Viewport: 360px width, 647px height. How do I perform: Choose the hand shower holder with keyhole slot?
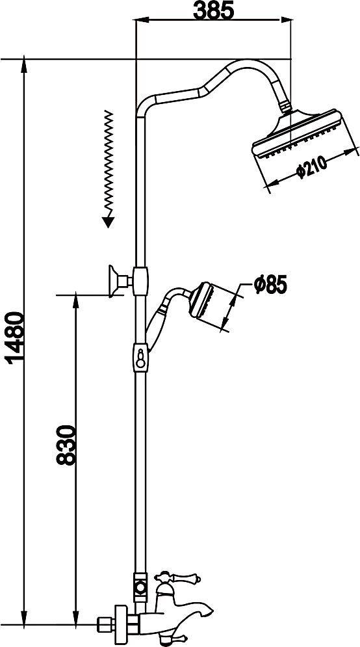[140, 357]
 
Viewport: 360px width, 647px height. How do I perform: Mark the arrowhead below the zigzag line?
[108, 222]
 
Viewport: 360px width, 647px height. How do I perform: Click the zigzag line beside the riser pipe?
[108, 163]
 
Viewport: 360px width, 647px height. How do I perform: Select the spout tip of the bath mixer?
[209, 612]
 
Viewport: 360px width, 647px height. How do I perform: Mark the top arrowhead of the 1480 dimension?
[24, 65]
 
